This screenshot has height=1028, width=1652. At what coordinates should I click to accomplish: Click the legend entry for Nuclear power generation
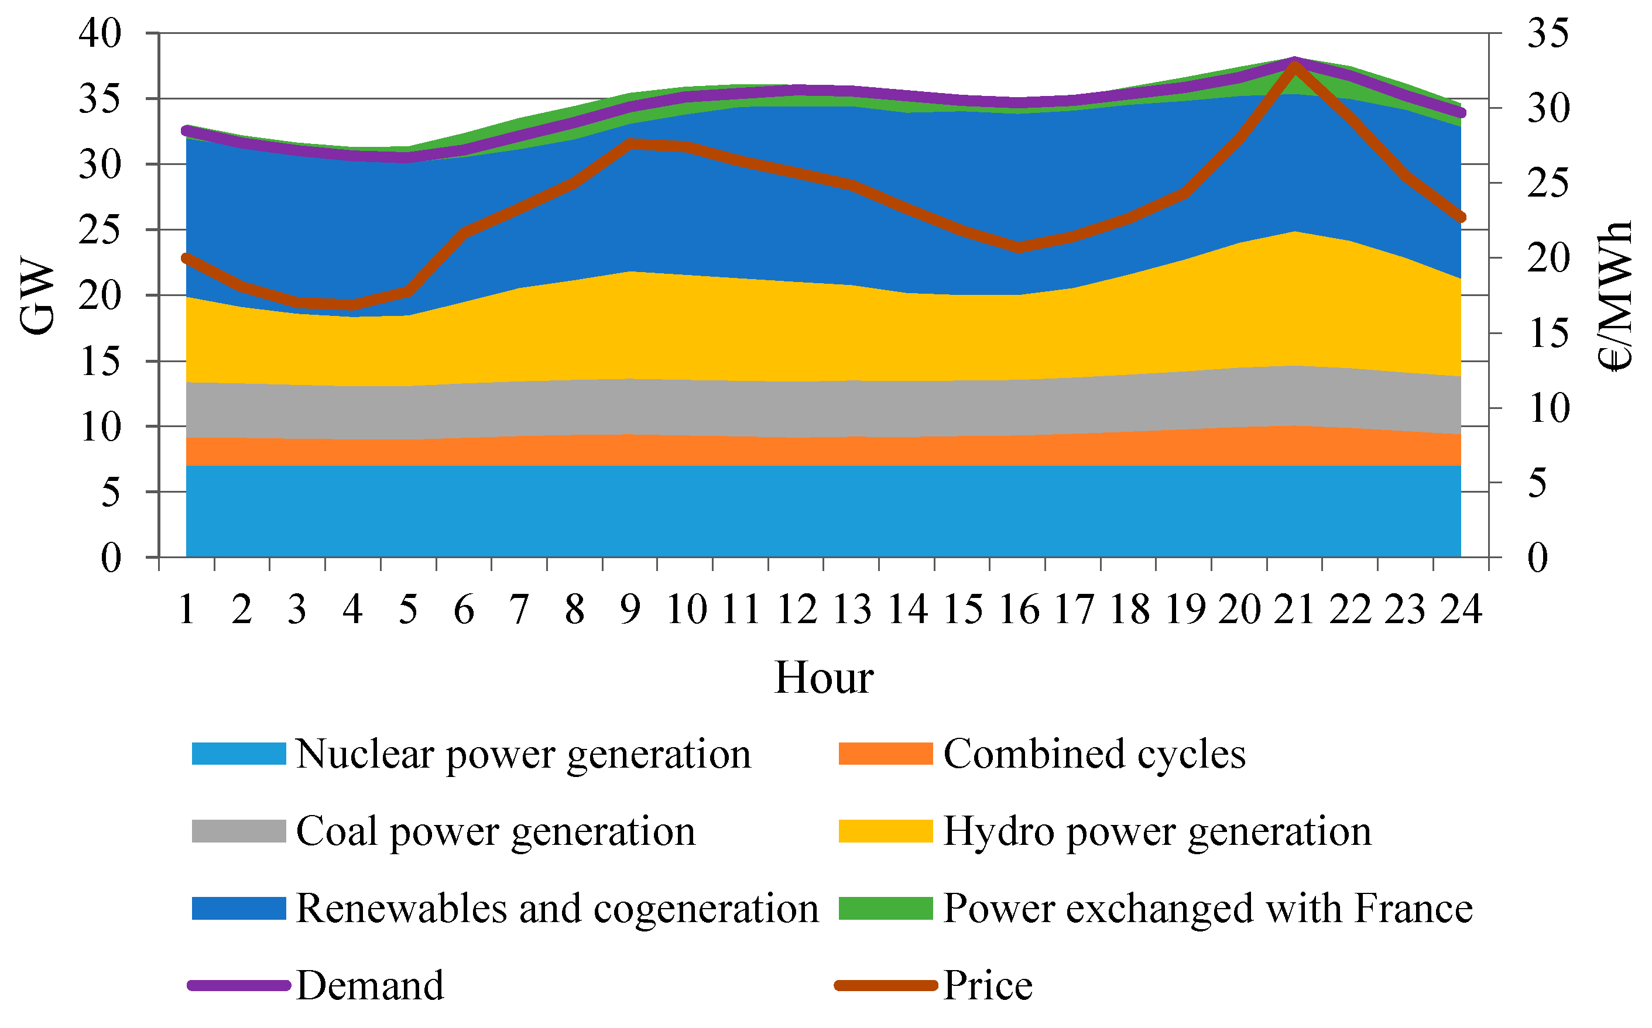[x=522, y=754]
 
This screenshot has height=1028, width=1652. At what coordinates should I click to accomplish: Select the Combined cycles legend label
[x=1094, y=754]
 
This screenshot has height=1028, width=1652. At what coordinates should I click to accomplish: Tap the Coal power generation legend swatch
[x=238, y=831]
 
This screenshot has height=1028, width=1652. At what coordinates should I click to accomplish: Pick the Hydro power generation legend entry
[x=1156, y=831]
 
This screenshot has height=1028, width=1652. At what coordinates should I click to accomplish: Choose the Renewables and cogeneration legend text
[x=556, y=909]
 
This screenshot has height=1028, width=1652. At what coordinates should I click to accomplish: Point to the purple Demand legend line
[x=238, y=986]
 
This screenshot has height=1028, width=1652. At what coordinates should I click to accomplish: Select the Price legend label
[x=988, y=986]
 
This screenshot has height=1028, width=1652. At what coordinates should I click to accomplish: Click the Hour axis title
[x=824, y=678]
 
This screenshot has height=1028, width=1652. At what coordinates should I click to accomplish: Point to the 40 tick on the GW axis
[x=100, y=33]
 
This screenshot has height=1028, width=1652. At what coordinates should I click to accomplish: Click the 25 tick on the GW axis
[x=100, y=230]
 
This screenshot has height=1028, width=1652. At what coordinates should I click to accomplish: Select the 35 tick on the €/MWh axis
[x=1548, y=33]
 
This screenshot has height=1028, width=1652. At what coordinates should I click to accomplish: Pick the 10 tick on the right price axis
[x=1548, y=408]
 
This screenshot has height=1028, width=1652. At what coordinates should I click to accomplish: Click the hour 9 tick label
[x=630, y=609]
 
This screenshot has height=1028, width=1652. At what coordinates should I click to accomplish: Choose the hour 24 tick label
[x=1461, y=609]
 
